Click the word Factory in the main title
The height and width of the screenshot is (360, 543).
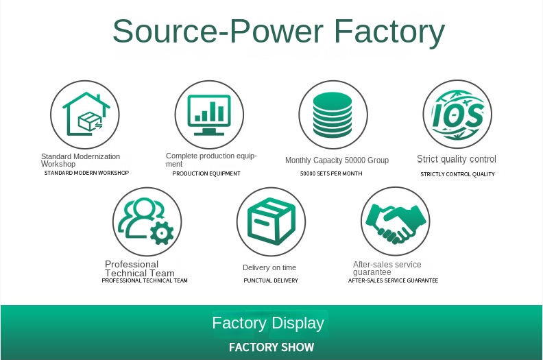[389, 32]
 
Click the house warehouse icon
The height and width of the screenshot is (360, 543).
[86, 114]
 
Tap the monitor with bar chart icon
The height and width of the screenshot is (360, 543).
[209, 115]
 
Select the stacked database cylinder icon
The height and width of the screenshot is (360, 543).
[333, 115]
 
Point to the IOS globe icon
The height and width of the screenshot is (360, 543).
[457, 115]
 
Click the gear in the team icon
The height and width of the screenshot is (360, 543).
[162, 233]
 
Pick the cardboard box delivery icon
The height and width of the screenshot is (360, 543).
[271, 221]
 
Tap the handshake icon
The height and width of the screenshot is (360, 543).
[396, 224]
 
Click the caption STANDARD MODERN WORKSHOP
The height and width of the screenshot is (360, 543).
[86, 173]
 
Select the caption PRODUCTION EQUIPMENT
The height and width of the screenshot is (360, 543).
[206, 173]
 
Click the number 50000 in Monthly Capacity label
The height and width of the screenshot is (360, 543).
[354, 160]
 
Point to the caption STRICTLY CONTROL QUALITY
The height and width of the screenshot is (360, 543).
[457, 174]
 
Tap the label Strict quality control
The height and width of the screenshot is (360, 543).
[457, 159]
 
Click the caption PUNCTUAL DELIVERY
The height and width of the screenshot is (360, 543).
[271, 280]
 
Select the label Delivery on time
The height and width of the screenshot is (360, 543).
[269, 267]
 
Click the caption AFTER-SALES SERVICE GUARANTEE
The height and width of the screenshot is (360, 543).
[393, 280]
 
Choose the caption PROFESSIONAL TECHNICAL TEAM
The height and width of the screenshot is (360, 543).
[145, 280]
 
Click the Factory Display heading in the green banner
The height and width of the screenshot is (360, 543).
[268, 323]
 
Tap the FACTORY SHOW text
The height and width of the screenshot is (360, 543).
[271, 347]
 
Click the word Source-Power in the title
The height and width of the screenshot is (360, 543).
[218, 31]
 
